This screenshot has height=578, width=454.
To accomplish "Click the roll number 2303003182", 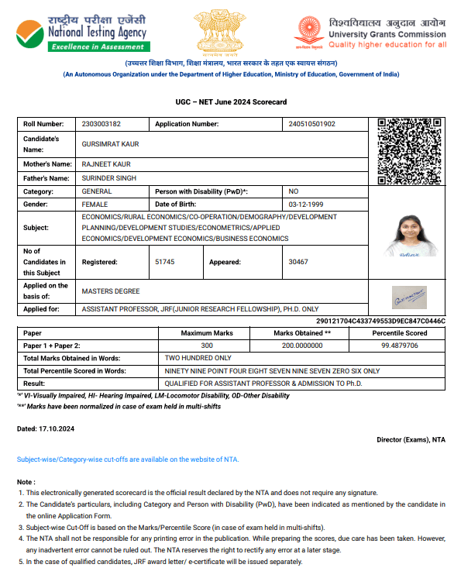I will [x=101, y=124].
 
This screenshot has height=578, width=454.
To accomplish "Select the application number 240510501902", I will [x=311, y=124].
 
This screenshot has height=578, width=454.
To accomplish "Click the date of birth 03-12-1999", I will [x=304, y=204].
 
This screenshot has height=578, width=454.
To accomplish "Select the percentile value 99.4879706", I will [x=399, y=346].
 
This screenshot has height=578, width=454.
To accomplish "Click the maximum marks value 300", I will [x=207, y=346].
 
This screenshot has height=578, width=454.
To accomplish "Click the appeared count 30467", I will [x=298, y=262].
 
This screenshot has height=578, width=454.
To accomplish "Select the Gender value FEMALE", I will [x=95, y=204].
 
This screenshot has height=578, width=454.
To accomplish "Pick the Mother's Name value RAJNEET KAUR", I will [x=106, y=164].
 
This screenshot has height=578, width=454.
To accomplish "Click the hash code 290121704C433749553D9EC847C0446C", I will [x=381, y=321].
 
